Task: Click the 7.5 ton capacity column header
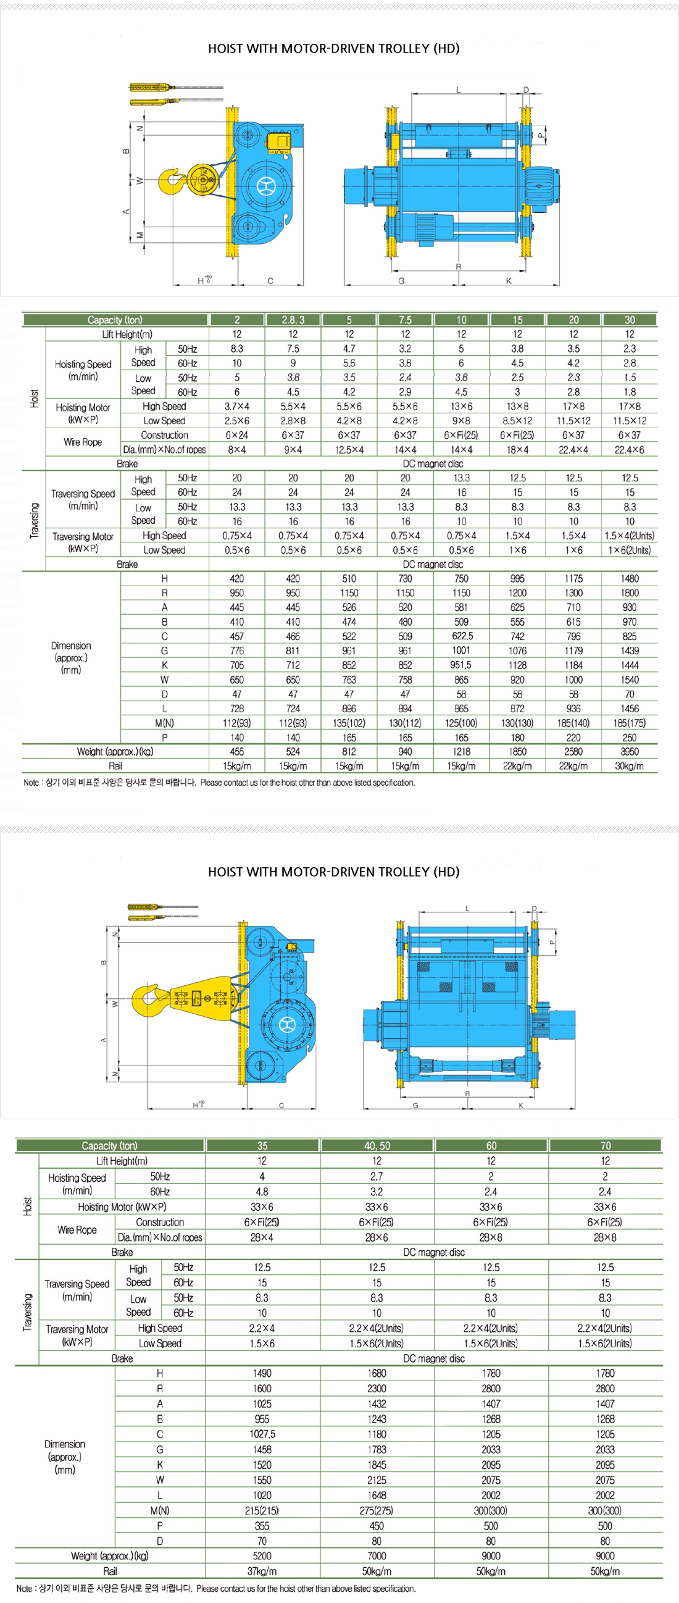(405, 320)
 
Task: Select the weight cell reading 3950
(629, 752)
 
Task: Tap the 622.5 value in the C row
(461, 636)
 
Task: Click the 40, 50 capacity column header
(377, 1146)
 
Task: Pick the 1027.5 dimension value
(262, 1434)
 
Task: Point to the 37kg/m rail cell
(262, 1571)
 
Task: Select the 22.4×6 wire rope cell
(629, 449)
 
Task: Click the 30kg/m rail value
(629, 766)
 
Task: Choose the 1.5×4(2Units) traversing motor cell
(629, 535)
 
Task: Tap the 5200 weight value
(262, 1555)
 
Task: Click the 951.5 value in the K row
(461, 665)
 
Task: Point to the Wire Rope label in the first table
(83, 442)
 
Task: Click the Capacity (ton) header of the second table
(109, 1146)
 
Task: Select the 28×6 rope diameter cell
(377, 1237)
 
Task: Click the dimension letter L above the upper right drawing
(458, 90)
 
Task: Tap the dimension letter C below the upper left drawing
(270, 280)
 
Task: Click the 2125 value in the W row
(377, 1480)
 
